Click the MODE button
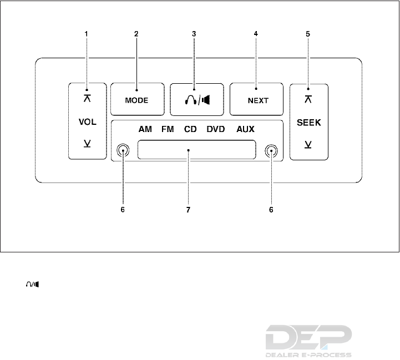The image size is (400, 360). [x=137, y=100]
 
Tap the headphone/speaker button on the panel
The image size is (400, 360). [x=197, y=100]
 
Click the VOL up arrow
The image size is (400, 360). [x=87, y=99]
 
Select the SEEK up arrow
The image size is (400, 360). [x=308, y=99]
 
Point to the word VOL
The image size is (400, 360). [x=87, y=121]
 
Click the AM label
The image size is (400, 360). [x=145, y=130]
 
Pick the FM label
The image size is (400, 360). [x=168, y=130]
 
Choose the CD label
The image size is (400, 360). [x=190, y=130]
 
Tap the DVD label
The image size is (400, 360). [x=216, y=130]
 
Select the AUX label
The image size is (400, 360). [x=245, y=130]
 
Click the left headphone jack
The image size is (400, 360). [x=123, y=150]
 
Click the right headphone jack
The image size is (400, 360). [x=271, y=150]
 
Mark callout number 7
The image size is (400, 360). [x=189, y=210]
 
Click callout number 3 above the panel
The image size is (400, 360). [x=194, y=33]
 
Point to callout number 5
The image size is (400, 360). [x=308, y=33]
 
